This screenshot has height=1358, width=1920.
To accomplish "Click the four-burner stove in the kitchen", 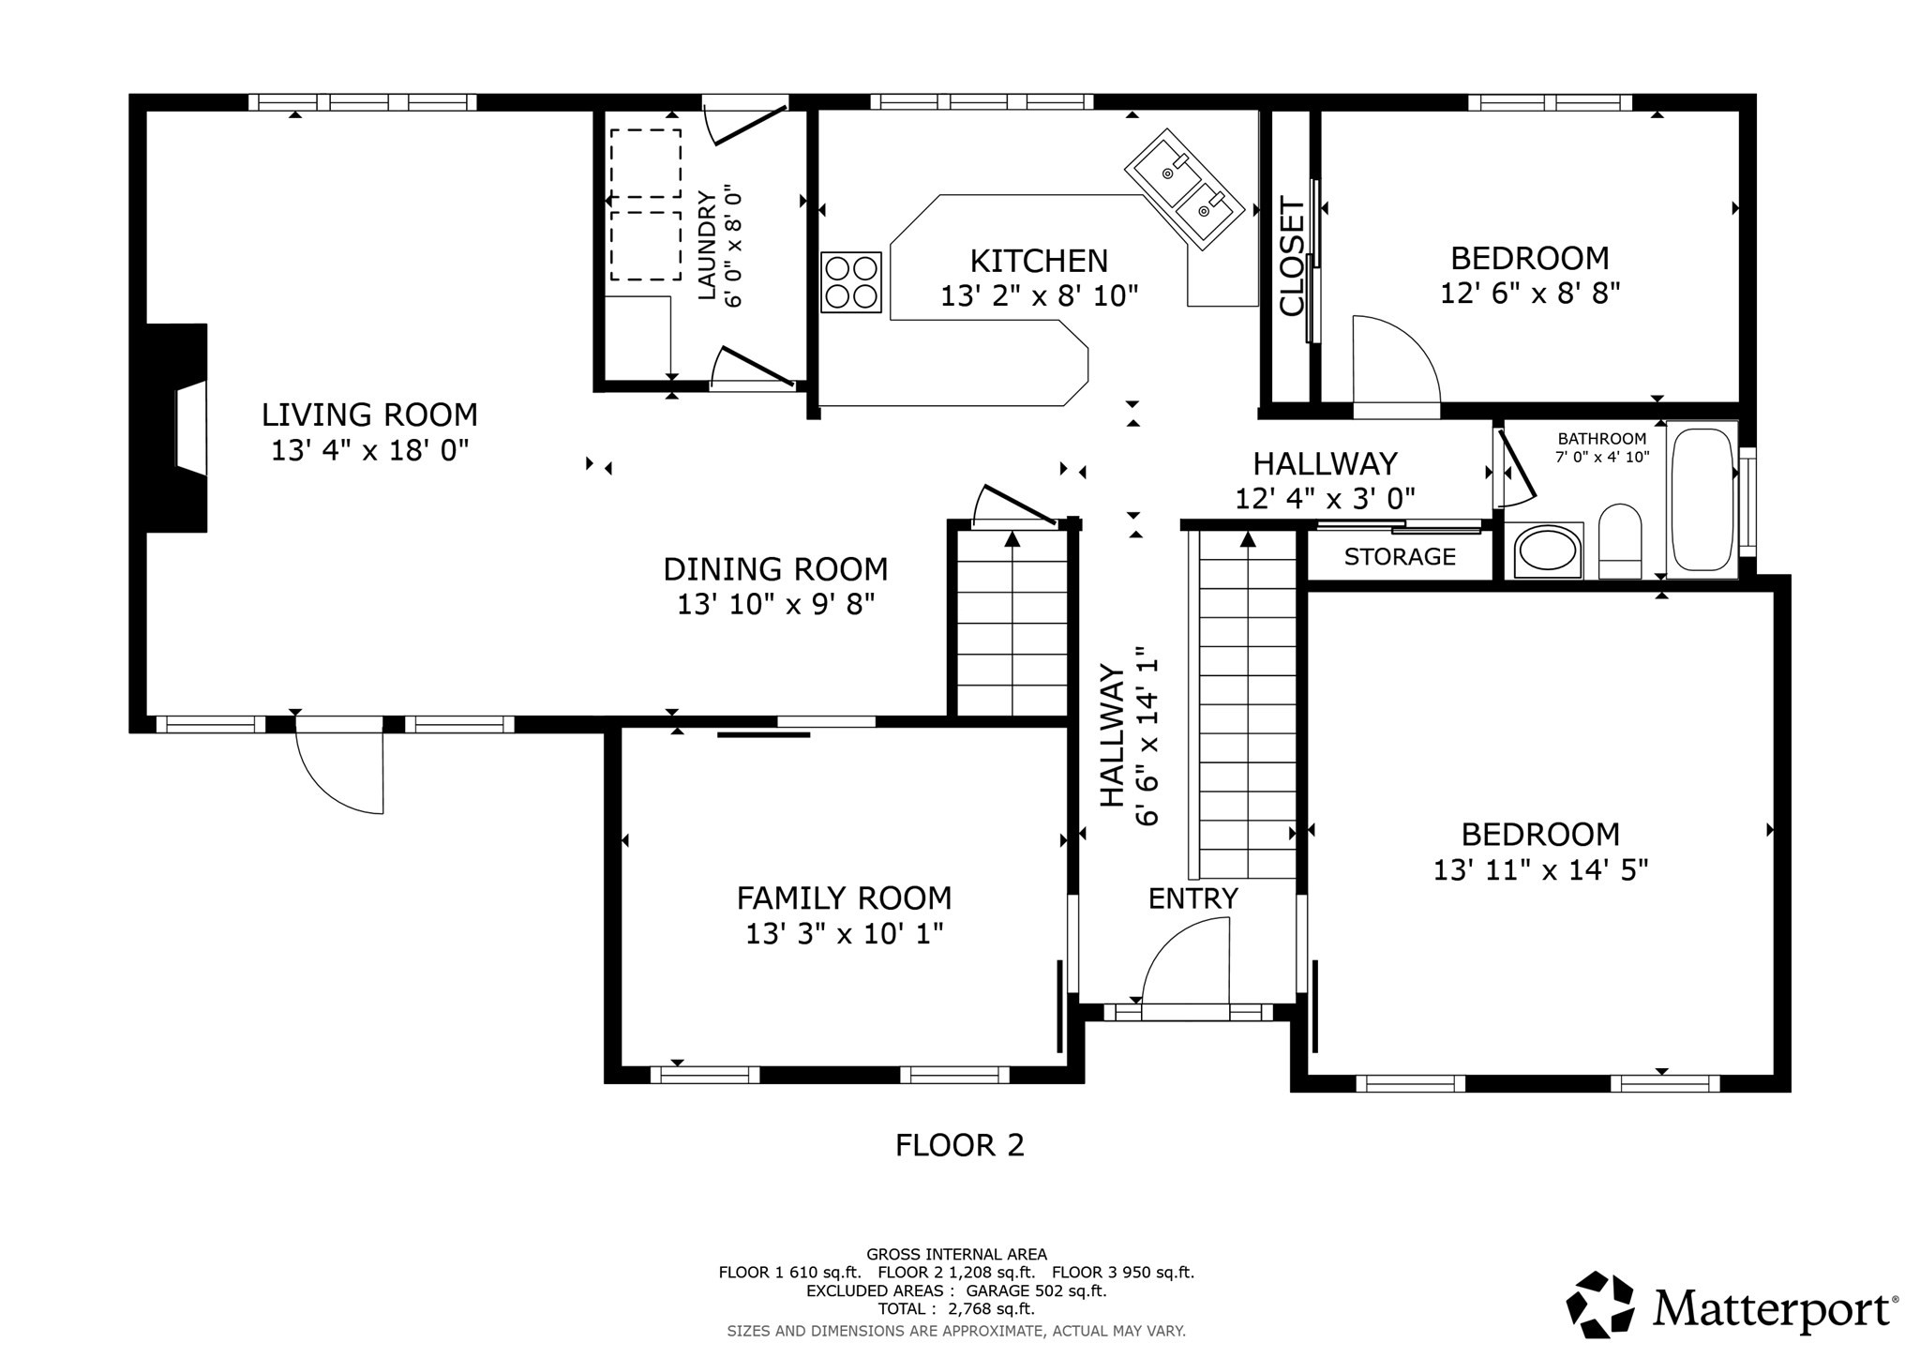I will click(851, 281).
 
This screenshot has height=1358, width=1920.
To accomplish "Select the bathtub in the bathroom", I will click(1702, 499).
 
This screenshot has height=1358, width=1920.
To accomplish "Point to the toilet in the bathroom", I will click(1619, 541).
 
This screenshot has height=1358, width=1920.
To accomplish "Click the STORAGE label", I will click(1400, 557).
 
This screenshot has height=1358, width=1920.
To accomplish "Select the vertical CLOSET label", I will click(1292, 257).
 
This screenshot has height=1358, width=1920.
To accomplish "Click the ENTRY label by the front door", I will click(1192, 898).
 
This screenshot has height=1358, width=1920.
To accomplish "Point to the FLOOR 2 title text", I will click(959, 1145).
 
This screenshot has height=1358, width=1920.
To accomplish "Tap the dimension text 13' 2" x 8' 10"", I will click(1039, 296).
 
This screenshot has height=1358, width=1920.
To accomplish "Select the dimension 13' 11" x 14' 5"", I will click(1540, 870).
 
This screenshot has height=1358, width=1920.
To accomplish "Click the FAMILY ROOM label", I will click(844, 898).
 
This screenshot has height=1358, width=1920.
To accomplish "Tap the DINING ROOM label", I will click(775, 569).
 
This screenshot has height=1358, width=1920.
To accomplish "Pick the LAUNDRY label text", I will click(707, 246).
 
